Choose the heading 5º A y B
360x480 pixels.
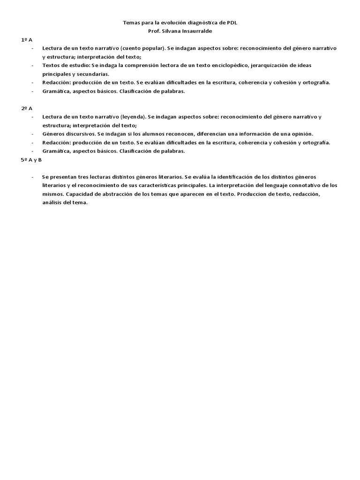[x=31, y=160]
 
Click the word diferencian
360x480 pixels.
[x=214, y=134]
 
